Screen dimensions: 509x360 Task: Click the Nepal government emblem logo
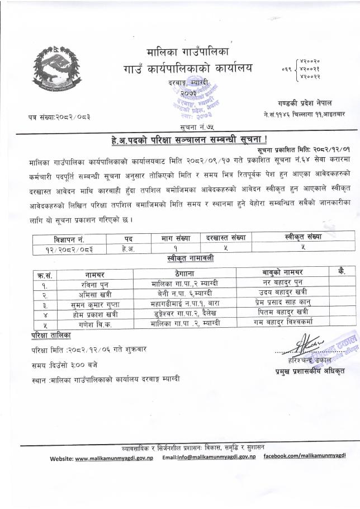(53, 70)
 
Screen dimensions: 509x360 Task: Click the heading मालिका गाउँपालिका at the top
(188, 53)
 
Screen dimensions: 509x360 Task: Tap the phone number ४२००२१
(310, 69)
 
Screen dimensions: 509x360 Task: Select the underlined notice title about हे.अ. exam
(179, 140)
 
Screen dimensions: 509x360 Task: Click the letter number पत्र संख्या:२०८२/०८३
(60, 116)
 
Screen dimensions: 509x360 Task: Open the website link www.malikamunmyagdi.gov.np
(110, 458)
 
